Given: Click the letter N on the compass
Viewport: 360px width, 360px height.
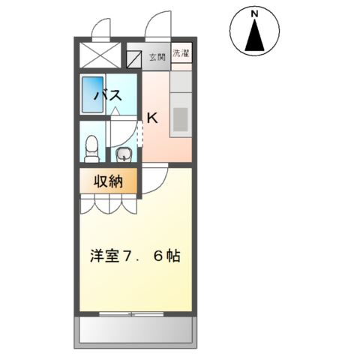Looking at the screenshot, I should (255, 14).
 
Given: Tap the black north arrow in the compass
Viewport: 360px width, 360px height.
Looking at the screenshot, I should (255, 37).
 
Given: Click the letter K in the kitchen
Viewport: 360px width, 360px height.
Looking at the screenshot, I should (152, 118).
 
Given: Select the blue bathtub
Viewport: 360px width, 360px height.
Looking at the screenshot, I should (91, 94).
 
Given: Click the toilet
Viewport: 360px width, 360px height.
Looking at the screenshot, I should (91, 148).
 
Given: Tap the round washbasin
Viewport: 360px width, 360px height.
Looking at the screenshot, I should (124, 155).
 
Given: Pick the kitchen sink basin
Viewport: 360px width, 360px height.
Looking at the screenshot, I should (181, 118).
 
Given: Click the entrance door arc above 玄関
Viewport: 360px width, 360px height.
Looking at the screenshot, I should (160, 26).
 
